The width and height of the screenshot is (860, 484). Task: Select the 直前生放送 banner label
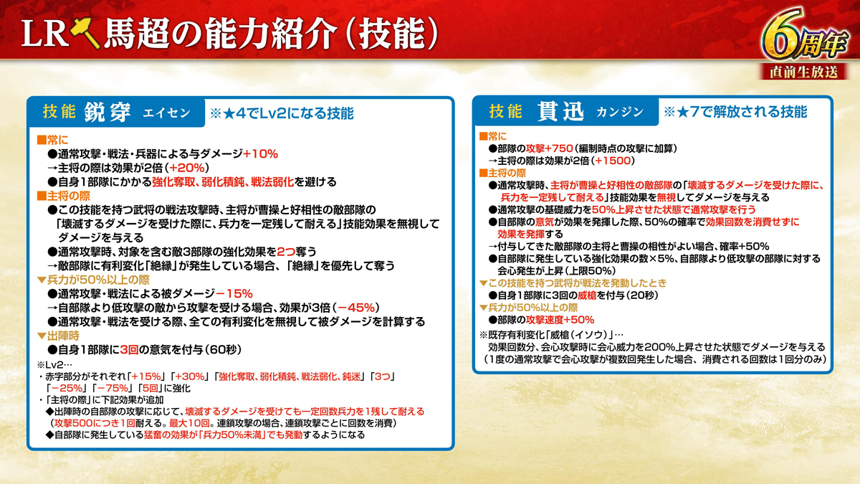[803, 72]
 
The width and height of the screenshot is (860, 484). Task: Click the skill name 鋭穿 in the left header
[107, 113]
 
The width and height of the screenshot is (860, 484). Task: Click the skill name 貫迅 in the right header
[560, 112]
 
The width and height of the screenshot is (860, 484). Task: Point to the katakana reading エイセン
[166, 113]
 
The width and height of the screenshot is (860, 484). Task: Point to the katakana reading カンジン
[620, 112]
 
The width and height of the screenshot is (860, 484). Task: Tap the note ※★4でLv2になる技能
[282, 113]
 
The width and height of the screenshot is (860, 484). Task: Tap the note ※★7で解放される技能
[735, 112]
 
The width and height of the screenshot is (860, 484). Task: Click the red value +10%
[260, 154]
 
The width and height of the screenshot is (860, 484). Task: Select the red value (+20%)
[186, 168]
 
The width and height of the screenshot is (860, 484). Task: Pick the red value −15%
[234, 294]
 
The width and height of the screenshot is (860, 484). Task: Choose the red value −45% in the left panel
[356, 308]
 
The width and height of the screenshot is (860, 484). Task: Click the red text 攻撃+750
[549, 148]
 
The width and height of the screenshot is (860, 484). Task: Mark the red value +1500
[613, 161]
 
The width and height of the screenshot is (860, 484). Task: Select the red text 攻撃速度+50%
[560, 320]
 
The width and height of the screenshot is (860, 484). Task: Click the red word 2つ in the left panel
[286, 252]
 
